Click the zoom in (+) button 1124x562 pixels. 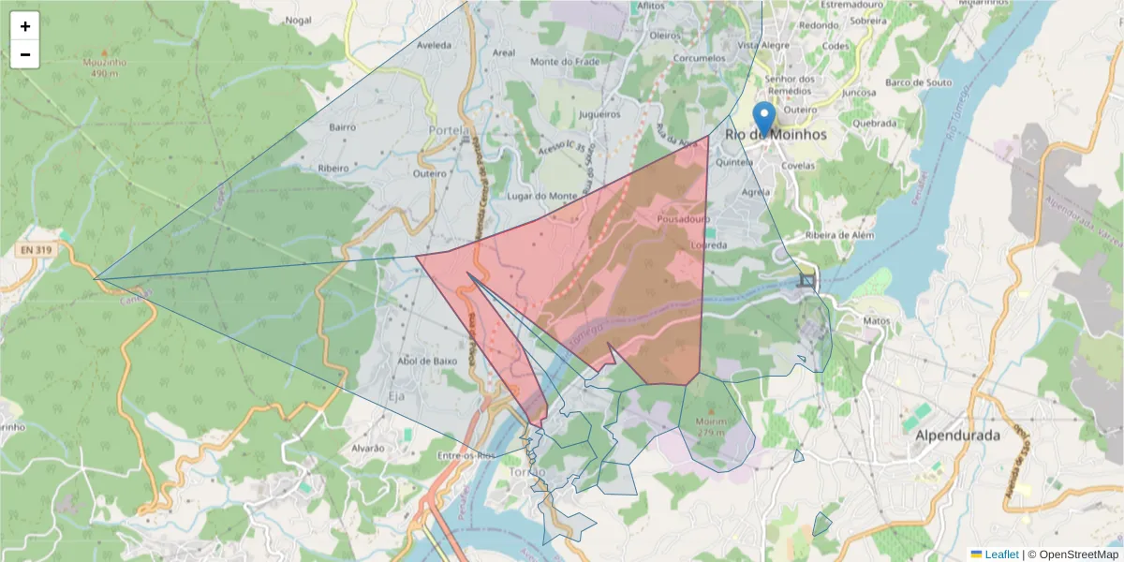coord(25,26)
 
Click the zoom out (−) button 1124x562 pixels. coord(25,54)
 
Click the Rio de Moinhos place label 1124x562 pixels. coord(776,135)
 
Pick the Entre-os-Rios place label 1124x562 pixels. coord(466,455)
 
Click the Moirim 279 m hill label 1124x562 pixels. coord(711,427)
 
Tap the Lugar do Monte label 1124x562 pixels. coord(541,196)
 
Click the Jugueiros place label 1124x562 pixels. coord(600,114)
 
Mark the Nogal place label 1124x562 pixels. coord(298,20)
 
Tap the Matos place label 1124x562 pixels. coord(876,320)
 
